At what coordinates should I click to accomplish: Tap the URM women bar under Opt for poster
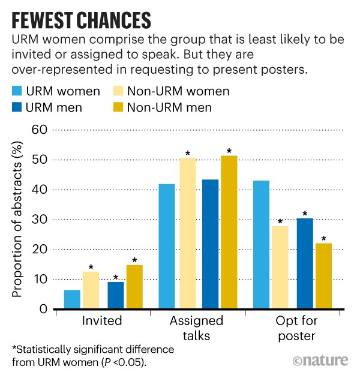click(x=262, y=245)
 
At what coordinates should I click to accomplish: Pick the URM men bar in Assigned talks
click(x=210, y=244)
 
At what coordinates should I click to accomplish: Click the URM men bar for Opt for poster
click(x=305, y=263)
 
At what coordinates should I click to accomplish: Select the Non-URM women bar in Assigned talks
click(x=187, y=233)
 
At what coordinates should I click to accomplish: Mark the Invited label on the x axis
click(x=101, y=321)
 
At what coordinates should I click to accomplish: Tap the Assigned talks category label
click(x=197, y=328)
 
